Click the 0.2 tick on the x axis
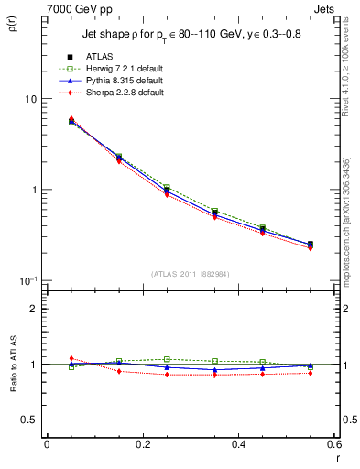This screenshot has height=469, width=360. click(142, 444)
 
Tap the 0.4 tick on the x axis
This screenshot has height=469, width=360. click(238, 444)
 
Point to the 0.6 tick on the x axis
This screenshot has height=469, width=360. click(333, 444)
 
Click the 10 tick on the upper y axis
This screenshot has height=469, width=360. click(29, 99)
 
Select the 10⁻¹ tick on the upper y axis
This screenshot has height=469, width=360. click(27, 279)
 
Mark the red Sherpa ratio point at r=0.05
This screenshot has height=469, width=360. click(71, 358)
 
